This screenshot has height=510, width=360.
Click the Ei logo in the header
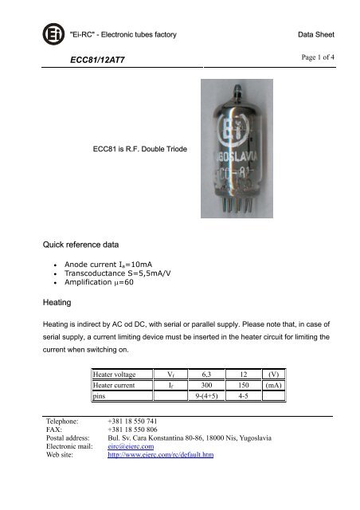click(53, 35)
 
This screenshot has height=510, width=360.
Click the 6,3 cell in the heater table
click(211, 372)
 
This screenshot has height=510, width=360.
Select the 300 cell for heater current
click(211, 383)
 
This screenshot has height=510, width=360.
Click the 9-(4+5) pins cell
click(211, 394)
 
